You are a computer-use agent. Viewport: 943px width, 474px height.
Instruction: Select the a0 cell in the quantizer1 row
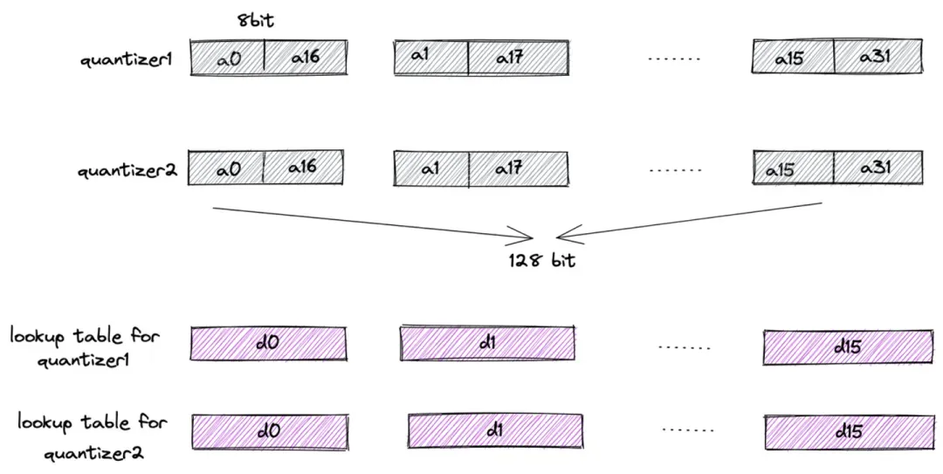tap(227, 58)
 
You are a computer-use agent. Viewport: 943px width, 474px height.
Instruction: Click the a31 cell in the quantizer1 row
tap(878, 58)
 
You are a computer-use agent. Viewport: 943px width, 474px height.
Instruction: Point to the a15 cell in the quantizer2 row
tap(793, 169)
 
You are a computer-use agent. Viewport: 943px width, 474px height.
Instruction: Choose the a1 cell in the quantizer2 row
tap(430, 168)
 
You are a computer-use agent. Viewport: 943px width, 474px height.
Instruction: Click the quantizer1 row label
tap(127, 60)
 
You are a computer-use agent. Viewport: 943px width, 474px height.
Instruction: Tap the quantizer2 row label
tap(127, 170)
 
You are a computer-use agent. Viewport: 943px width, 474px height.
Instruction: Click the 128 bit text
tap(542, 260)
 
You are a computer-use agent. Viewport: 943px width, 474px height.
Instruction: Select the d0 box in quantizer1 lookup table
tap(269, 343)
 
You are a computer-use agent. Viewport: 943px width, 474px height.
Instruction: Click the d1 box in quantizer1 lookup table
tap(487, 343)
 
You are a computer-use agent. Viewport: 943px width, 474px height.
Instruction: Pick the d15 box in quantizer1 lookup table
tap(847, 347)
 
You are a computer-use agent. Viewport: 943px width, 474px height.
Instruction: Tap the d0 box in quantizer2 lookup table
tap(269, 431)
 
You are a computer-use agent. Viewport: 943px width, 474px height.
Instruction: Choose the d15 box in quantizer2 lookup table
tap(847, 431)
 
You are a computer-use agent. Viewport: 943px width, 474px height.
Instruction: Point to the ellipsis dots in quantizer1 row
tap(675, 59)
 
